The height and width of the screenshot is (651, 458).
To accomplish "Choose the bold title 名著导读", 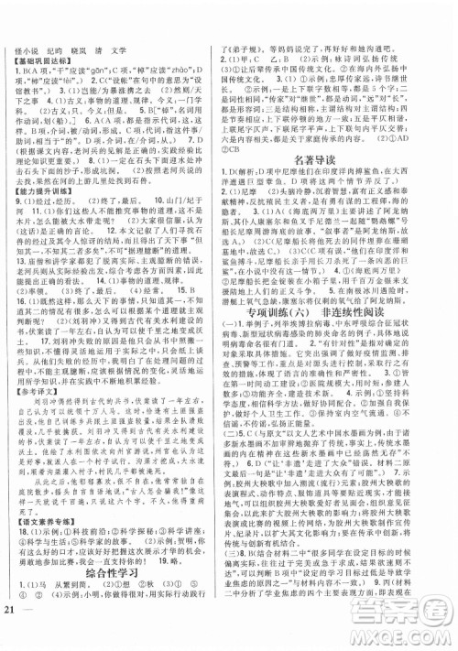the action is (x=338, y=132).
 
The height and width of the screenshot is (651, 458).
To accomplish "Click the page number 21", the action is (x=11, y=637).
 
